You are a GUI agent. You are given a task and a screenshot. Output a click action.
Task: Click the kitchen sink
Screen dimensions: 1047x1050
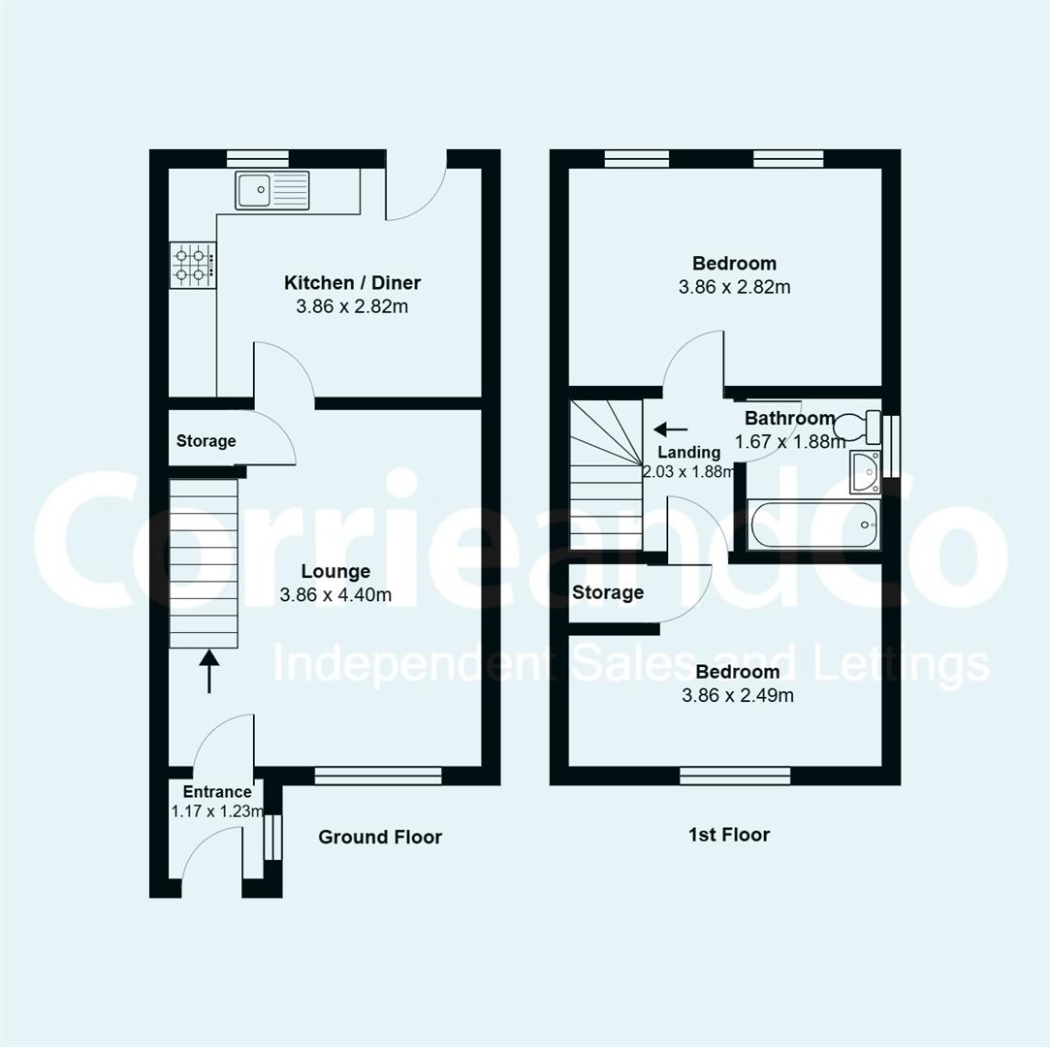click(271, 190)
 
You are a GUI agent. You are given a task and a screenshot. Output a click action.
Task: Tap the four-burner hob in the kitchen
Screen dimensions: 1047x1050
click(191, 265)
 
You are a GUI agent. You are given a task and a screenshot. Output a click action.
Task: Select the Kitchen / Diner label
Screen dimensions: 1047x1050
click(352, 283)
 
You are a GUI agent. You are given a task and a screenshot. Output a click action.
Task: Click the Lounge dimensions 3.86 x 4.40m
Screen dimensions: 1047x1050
click(335, 595)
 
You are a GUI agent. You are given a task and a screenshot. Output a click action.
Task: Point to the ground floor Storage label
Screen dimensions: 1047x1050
click(206, 441)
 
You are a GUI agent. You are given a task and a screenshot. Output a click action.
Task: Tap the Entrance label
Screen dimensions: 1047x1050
click(217, 792)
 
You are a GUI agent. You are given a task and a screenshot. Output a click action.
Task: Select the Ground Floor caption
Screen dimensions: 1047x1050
click(380, 837)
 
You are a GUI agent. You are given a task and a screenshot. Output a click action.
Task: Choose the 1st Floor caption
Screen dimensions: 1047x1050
click(729, 835)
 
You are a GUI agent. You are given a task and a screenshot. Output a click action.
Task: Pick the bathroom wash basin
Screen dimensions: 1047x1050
click(864, 471)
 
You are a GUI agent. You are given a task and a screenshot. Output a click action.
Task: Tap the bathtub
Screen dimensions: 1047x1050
click(815, 524)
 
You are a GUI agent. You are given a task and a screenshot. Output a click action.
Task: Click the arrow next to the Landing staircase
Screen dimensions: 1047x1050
click(671, 428)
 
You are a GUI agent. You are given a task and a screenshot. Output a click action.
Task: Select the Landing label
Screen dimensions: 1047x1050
click(688, 452)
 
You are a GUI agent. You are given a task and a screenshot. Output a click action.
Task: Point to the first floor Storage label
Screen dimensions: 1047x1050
click(608, 592)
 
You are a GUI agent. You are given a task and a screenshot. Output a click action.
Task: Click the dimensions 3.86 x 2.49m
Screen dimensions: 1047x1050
click(738, 695)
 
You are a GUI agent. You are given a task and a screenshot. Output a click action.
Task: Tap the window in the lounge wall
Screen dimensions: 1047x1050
click(378, 776)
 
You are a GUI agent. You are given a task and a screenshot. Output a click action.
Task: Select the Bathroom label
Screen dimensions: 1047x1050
click(789, 419)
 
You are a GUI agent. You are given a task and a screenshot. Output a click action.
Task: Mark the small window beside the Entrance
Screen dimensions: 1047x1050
click(273, 837)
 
